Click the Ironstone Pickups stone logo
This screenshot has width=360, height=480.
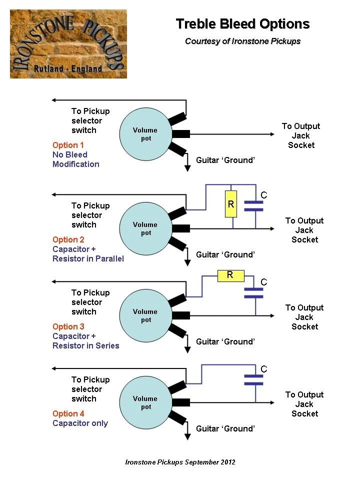click(68, 44)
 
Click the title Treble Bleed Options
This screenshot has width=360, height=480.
click(242, 24)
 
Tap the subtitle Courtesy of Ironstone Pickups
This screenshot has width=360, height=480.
click(242, 41)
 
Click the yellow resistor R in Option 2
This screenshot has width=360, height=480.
click(230, 204)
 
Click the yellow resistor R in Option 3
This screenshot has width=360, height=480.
click(230, 275)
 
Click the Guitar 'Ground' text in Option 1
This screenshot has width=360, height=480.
click(225, 160)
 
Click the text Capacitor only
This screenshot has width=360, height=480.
click(80, 423)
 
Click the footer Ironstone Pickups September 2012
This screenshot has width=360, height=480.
click(180, 462)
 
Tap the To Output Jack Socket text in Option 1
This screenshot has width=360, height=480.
click(301, 135)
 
